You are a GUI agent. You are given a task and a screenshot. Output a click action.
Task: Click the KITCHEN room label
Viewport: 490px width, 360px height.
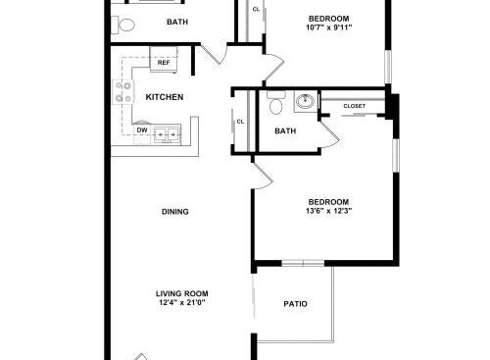point(165,97)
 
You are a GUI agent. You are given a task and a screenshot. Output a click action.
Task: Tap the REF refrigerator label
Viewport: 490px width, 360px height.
point(164,62)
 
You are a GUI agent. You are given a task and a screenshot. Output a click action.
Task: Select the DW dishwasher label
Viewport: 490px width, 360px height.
point(142,130)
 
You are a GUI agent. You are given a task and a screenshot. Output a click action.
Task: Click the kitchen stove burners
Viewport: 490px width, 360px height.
point(123,92)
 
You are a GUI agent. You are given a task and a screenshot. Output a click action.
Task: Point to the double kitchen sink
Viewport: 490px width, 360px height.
point(168,134)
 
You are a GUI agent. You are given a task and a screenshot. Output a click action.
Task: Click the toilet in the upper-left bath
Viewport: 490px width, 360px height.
point(123,25)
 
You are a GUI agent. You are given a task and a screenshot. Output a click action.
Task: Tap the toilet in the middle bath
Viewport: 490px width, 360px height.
point(276,102)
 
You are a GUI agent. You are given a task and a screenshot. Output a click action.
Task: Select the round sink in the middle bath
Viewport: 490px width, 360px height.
point(305,101)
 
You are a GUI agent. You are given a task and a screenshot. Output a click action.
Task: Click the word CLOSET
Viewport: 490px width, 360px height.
point(355,106)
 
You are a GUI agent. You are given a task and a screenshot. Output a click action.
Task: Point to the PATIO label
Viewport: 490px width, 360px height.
point(295,304)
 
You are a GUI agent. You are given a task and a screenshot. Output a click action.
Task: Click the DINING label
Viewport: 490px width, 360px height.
point(175,212)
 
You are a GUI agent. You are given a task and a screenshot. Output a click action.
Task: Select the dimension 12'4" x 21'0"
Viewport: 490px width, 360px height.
point(182,302)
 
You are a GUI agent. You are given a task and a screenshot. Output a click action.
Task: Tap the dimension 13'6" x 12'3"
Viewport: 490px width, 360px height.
point(328,211)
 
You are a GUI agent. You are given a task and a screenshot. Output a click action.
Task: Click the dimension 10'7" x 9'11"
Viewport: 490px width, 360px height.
point(329,27)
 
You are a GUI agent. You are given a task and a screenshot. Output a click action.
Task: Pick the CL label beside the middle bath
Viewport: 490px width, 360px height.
point(240,122)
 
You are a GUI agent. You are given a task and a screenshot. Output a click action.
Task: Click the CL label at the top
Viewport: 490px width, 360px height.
point(256,10)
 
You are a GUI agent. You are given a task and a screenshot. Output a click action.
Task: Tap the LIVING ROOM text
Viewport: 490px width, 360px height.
point(182,293)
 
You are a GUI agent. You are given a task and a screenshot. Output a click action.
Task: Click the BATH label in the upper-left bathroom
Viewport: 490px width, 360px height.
point(177,22)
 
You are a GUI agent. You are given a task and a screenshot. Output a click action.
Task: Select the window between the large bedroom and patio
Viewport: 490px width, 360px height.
point(303,263)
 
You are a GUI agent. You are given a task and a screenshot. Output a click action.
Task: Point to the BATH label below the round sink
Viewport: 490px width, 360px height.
point(285,131)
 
